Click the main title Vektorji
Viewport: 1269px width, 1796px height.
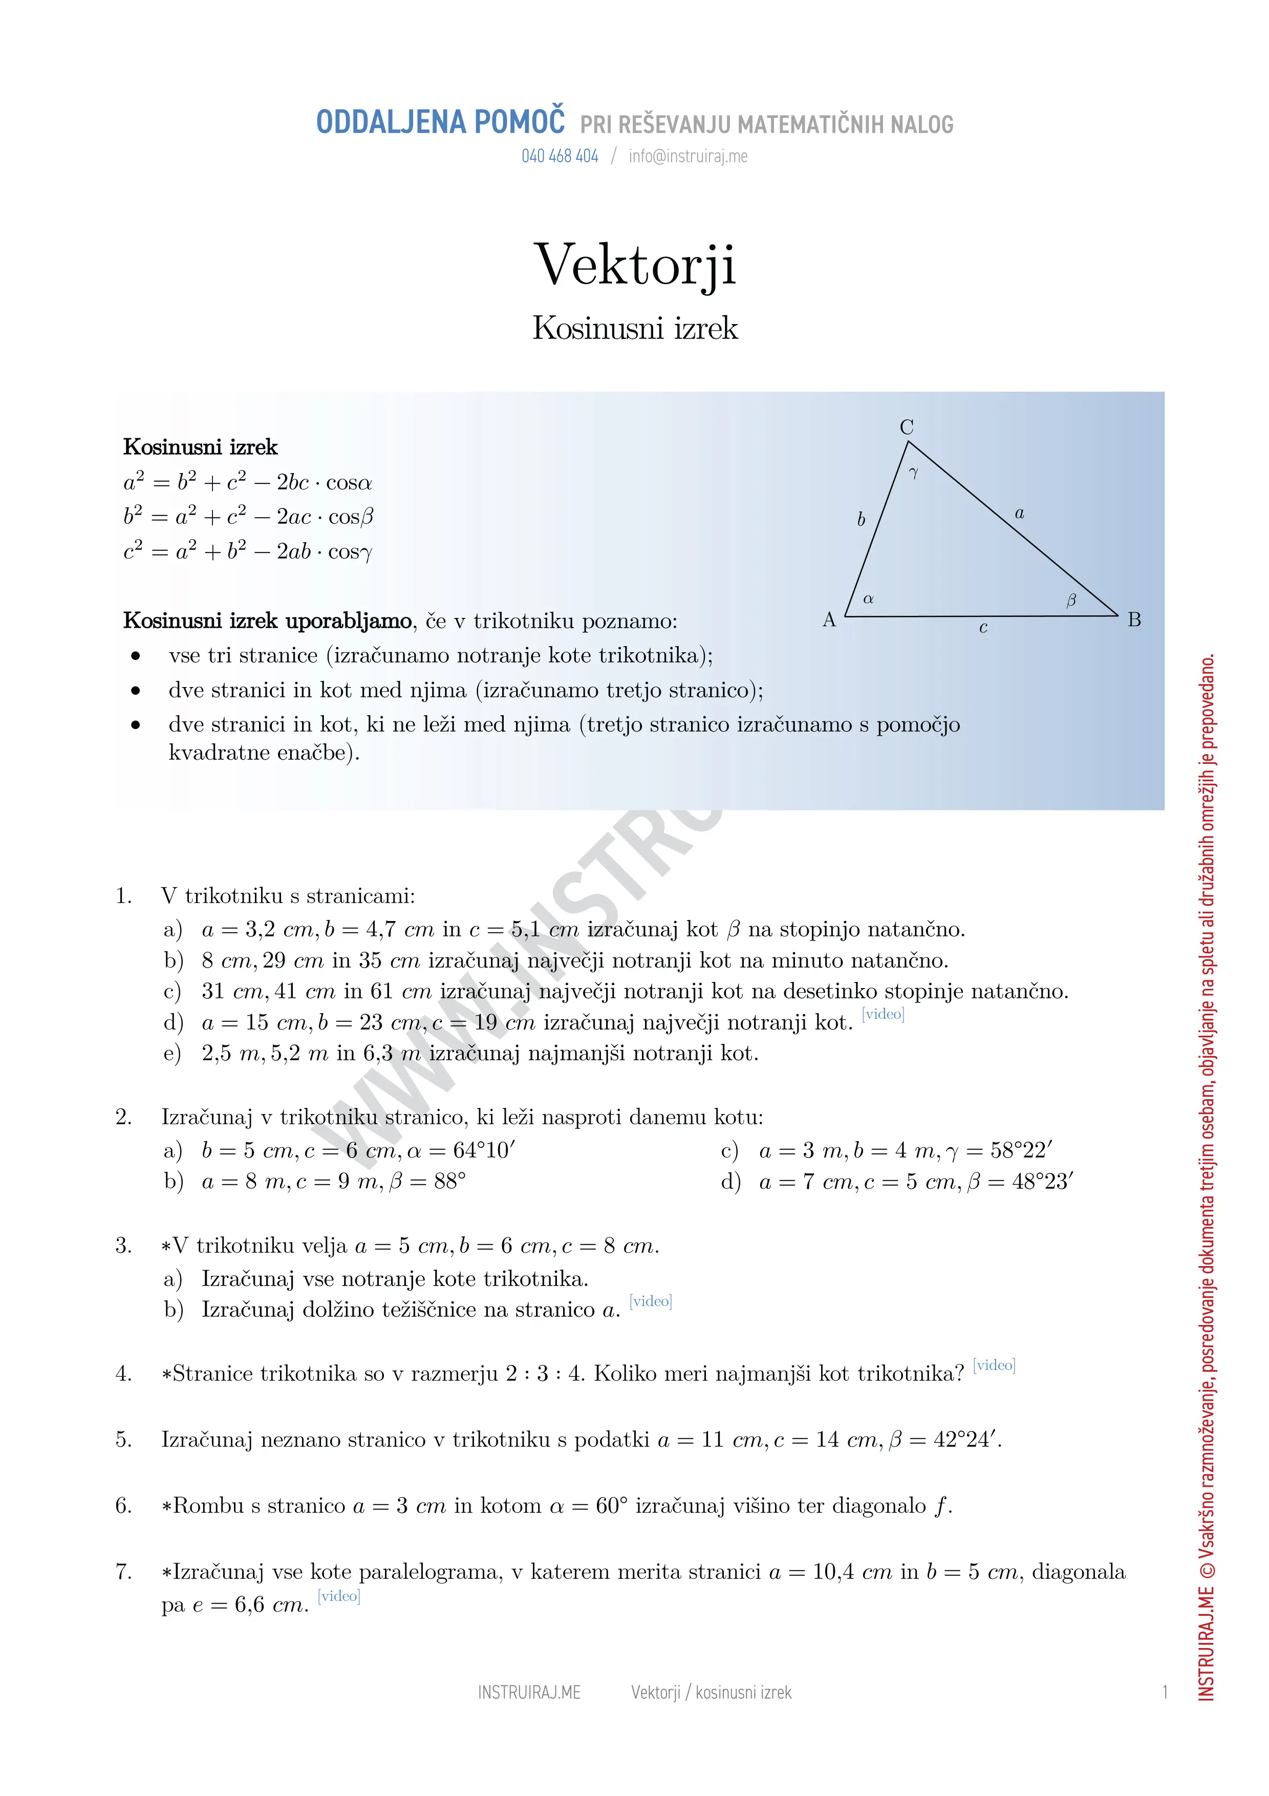634,265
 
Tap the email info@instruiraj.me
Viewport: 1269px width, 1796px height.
687,157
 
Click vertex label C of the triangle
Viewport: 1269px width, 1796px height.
906,427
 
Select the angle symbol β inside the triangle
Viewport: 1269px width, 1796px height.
1071,600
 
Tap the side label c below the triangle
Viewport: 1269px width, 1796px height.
983,627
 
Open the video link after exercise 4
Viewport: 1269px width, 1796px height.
994,1365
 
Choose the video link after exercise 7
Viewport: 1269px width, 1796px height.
338,1596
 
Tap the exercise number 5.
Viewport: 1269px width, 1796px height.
123,1439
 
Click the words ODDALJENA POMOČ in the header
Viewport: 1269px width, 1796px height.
440,123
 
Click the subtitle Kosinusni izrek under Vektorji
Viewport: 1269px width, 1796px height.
634,328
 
